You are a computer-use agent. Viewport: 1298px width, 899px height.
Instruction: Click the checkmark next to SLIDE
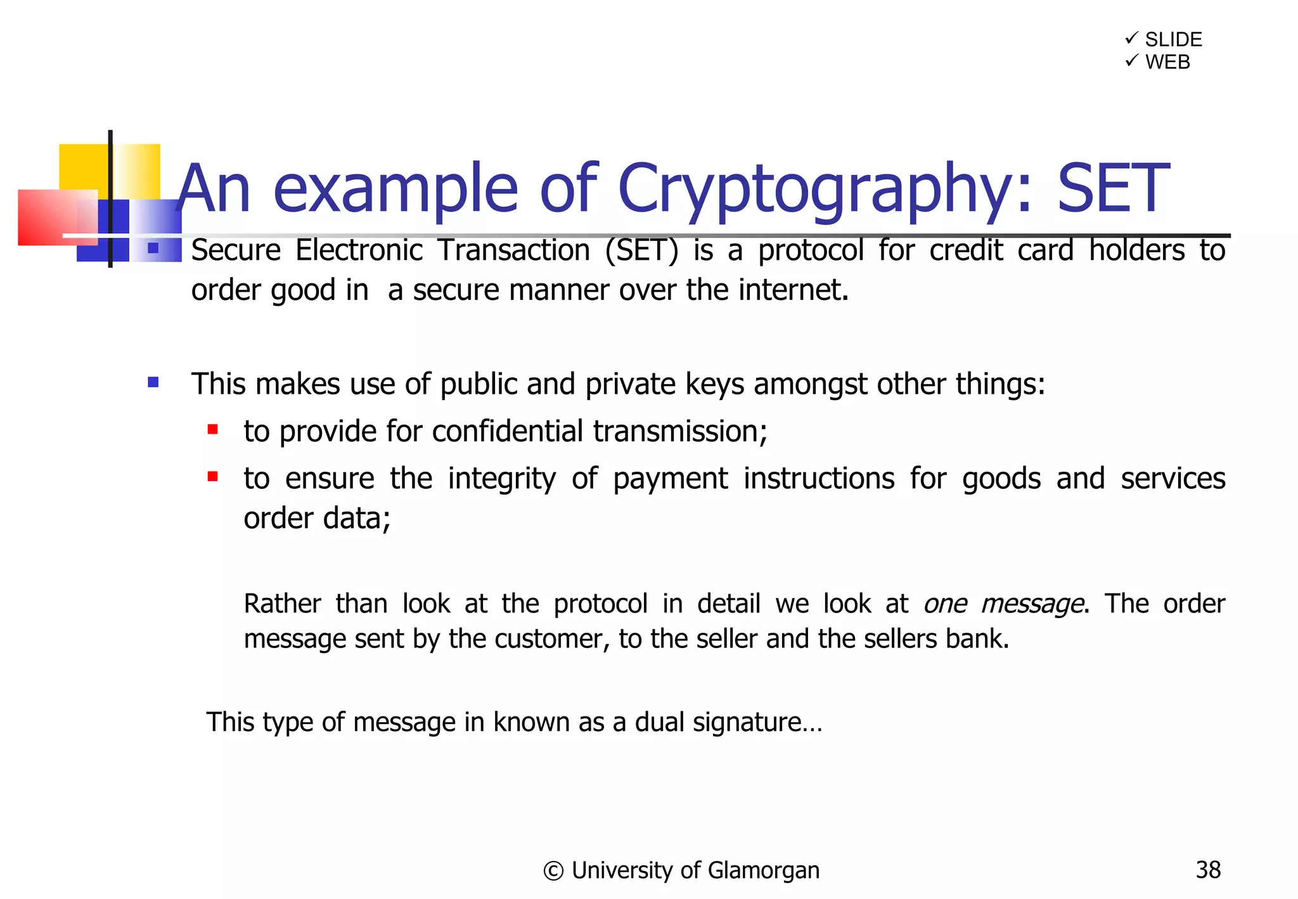pyautogui.click(x=1131, y=39)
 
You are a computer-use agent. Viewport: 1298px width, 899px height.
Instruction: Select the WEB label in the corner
pyautogui.click(x=1167, y=62)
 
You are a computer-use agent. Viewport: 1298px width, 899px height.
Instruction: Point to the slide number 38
pyautogui.click(x=1208, y=870)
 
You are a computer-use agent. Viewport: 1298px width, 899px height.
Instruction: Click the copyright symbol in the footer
pyautogui.click(x=553, y=871)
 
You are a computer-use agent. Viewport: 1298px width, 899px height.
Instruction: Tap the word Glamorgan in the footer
pyautogui.click(x=763, y=871)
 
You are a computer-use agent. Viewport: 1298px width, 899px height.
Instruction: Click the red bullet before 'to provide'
pyautogui.click(x=213, y=430)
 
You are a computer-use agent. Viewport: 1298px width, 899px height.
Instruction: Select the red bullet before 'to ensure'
pyautogui.click(x=213, y=477)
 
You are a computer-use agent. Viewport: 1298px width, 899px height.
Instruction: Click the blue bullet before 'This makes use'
pyautogui.click(x=153, y=382)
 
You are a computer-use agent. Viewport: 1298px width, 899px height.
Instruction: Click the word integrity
pyautogui.click(x=501, y=479)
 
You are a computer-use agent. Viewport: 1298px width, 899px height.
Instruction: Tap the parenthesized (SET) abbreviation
pyautogui.click(x=641, y=250)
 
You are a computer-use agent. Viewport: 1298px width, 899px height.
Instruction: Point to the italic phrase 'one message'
pyautogui.click(x=1003, y=604)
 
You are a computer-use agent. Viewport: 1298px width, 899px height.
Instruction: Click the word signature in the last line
pyautogui.click(x=757, y=722)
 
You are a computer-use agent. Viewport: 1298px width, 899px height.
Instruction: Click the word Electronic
pyautogui.click(x=359, y=250)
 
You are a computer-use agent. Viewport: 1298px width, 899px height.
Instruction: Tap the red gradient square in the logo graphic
pyautogui.click(x=57, y=217)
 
